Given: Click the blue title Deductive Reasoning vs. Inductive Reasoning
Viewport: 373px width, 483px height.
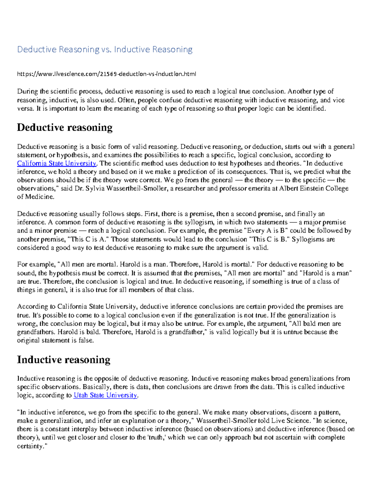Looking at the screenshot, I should tap(105, 49).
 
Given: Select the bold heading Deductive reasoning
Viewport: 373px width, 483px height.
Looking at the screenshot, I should tap(65, 128).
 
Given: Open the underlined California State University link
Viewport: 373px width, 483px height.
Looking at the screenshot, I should tap(57, 164).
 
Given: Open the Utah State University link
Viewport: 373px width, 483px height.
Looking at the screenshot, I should tap(105, 395).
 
